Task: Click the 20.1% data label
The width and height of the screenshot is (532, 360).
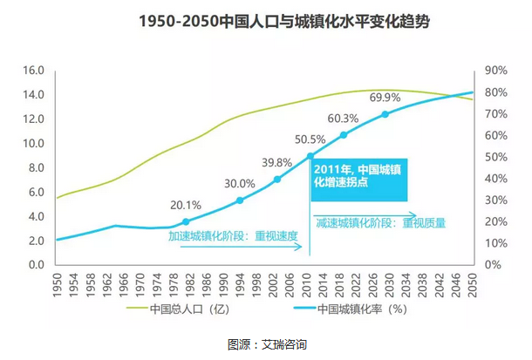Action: (x=184, y=206)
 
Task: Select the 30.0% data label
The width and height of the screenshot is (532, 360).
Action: (x=239, y=184)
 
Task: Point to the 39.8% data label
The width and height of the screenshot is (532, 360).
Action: (x=277, y=163)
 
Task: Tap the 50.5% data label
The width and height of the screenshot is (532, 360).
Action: (x=310, y=139)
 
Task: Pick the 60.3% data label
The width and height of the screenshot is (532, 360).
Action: (x=343, y=119)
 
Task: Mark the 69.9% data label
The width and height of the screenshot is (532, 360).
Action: (x=385, y=97)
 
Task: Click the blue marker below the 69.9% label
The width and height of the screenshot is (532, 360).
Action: (x=385, y=114)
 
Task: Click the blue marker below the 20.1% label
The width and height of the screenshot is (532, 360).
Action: (x=185, y=222)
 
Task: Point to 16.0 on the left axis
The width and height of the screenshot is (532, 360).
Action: (x=33, y=71)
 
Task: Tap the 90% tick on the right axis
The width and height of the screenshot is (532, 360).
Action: (x=494, y=71)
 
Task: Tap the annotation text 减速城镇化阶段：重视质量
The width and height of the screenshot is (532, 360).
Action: (x=380, y=222)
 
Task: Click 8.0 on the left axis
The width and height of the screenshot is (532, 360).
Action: (x=36, y=167)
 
